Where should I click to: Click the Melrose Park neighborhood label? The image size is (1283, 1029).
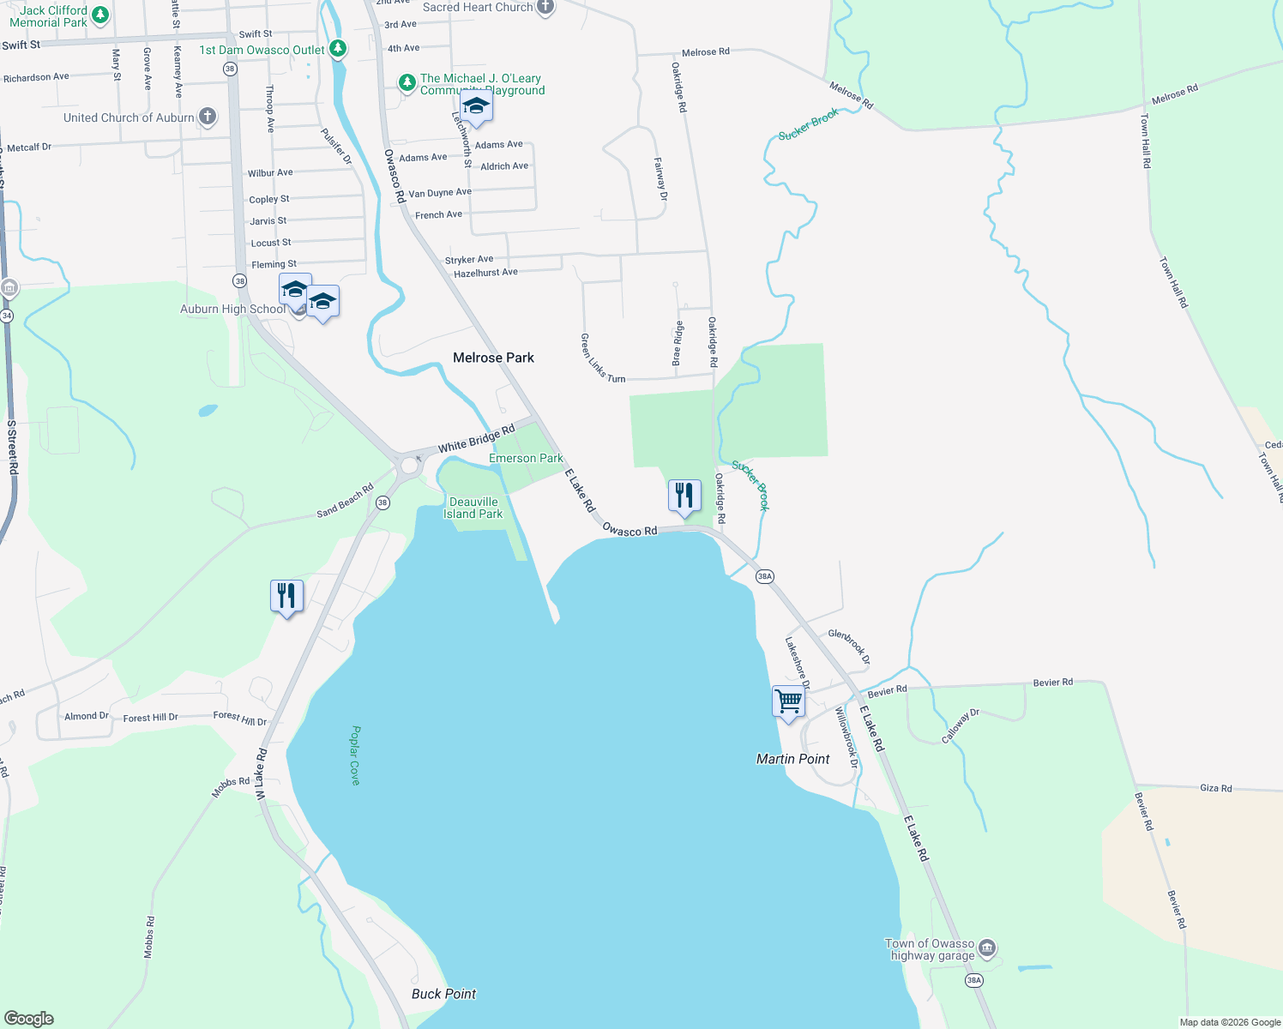coord(493,358)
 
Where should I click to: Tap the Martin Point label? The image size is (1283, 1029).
coord(792,759)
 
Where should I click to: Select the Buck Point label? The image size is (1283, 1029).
coord(443,994)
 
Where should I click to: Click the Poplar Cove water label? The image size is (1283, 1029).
coord(355,755)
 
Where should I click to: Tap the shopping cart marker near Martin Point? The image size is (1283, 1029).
coord(788,701)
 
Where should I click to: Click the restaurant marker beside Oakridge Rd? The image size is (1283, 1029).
coord(684,496)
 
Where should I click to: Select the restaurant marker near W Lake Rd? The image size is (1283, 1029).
coord(286,596)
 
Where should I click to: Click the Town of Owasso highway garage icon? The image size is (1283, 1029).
coord(986,948)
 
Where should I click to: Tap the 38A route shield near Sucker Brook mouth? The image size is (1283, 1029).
coord(765,576)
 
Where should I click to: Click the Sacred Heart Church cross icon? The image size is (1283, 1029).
coord(545,8)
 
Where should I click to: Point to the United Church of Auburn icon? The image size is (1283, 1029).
coord(208,117)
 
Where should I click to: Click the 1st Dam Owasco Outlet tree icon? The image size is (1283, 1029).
coord(338,49)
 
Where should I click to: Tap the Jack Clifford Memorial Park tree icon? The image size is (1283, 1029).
coord(100,15)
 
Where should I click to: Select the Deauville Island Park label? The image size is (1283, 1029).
coord(473,508)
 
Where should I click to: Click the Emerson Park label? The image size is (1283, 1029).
coord(526,458)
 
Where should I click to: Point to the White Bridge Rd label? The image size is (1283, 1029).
coord(476,437)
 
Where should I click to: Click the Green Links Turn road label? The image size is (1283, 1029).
coord(602,358)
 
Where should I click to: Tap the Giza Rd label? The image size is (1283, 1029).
coord(1215,787)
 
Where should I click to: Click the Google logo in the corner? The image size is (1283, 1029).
coord(28,1018)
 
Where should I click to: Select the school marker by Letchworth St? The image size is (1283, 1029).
coord(476,106)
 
